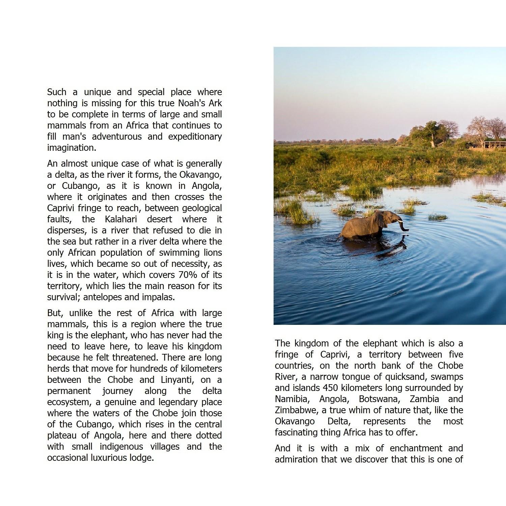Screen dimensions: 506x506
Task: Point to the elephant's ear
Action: point(381,219)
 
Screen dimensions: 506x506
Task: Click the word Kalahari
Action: point(121,219)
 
